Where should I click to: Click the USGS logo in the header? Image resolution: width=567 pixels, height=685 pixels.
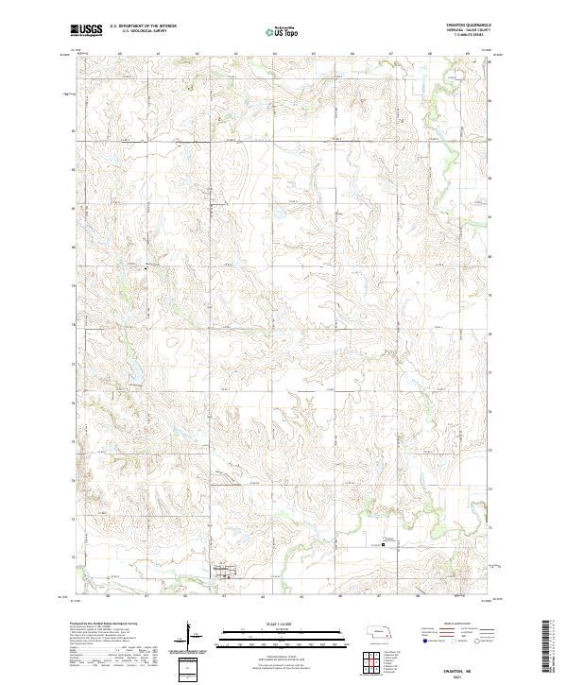(86, 30)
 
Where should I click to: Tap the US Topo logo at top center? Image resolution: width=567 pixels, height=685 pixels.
(283, 31)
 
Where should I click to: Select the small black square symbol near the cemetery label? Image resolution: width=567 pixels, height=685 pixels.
(383, 543)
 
